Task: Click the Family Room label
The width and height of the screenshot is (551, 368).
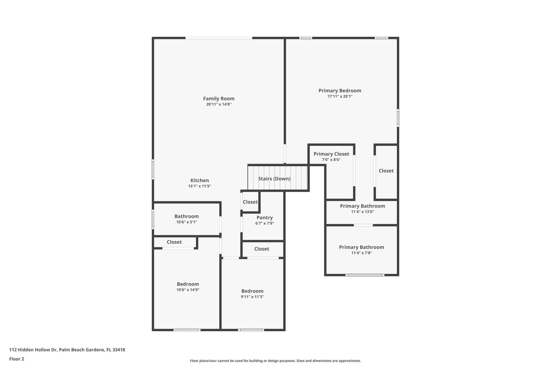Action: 219,99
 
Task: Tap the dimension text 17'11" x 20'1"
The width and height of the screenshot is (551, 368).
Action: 340,96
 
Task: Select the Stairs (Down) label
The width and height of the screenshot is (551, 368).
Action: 274,179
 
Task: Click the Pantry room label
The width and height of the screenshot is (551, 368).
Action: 264,218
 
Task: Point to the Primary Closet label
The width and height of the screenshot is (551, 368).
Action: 331,154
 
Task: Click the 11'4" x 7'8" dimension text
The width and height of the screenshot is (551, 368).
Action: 361,253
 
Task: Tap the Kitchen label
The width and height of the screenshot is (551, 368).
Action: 199,181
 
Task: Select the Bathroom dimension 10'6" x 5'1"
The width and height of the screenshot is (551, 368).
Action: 187,222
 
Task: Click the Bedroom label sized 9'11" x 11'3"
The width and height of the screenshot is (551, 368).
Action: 252,291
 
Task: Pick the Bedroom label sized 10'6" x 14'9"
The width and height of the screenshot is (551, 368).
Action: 188,284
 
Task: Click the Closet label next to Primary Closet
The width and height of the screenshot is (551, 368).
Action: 386,171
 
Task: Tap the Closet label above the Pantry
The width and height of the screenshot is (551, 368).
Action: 250,202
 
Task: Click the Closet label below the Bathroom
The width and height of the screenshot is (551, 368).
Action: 174,242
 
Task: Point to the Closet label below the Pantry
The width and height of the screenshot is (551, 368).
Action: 261,249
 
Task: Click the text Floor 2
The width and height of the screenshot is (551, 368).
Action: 17,359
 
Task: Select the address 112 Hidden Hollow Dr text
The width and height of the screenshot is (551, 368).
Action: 67,350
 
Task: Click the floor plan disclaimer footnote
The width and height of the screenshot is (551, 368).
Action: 275,361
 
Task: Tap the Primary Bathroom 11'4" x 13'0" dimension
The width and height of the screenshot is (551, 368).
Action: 362,212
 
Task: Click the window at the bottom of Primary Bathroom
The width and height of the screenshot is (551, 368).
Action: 365,275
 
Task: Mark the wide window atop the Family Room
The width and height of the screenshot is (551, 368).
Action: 219,38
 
